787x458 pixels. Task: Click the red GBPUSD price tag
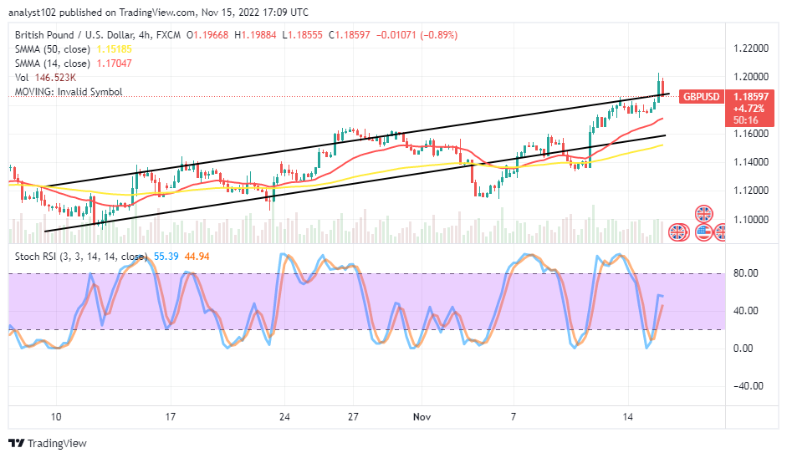(x=698, y=96)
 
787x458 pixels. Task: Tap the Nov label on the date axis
(x=420, y=415)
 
